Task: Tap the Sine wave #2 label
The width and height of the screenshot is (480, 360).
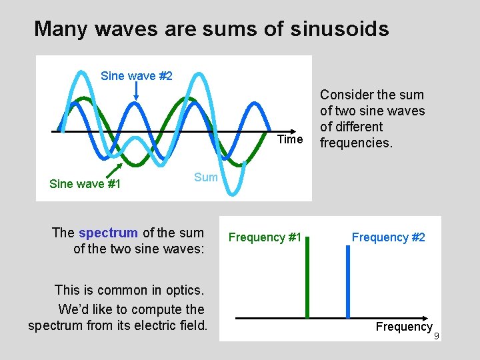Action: [136, 76]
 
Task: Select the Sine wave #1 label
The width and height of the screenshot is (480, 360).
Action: [85, 184]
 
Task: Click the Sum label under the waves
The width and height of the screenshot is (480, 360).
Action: [206, 177]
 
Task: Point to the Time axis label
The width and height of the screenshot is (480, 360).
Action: [290, 139]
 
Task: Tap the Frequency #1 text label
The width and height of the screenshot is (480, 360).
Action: [265, 237]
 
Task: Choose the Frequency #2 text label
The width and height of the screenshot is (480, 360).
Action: [388, 237]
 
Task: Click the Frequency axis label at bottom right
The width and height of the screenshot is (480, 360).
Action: [404, 327]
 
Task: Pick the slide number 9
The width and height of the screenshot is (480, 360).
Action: [437, 336]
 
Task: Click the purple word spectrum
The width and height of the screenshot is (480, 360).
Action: [108, 233]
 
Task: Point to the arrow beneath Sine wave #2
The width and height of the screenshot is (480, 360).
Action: [136, 93]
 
